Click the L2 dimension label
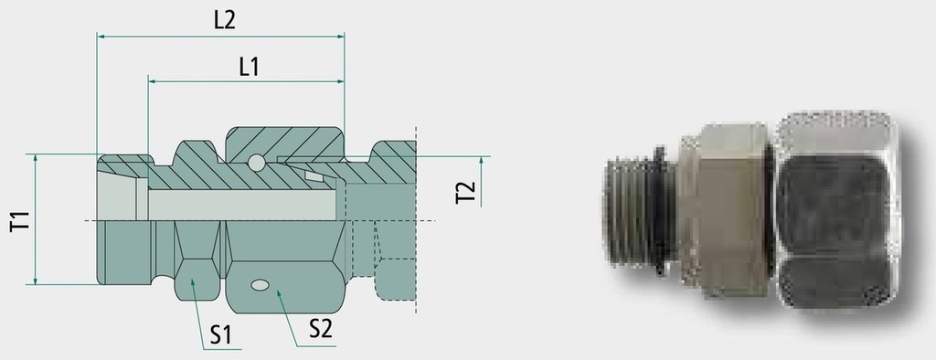(x=225, y=21)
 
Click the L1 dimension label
(x=249, y=67)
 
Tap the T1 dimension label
(x=20, y=221)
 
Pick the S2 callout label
(x=320, y=328)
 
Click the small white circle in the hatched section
(x=256, y=163)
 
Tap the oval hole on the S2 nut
(x=260, y=285)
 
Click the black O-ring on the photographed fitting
(x=660, y=212)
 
